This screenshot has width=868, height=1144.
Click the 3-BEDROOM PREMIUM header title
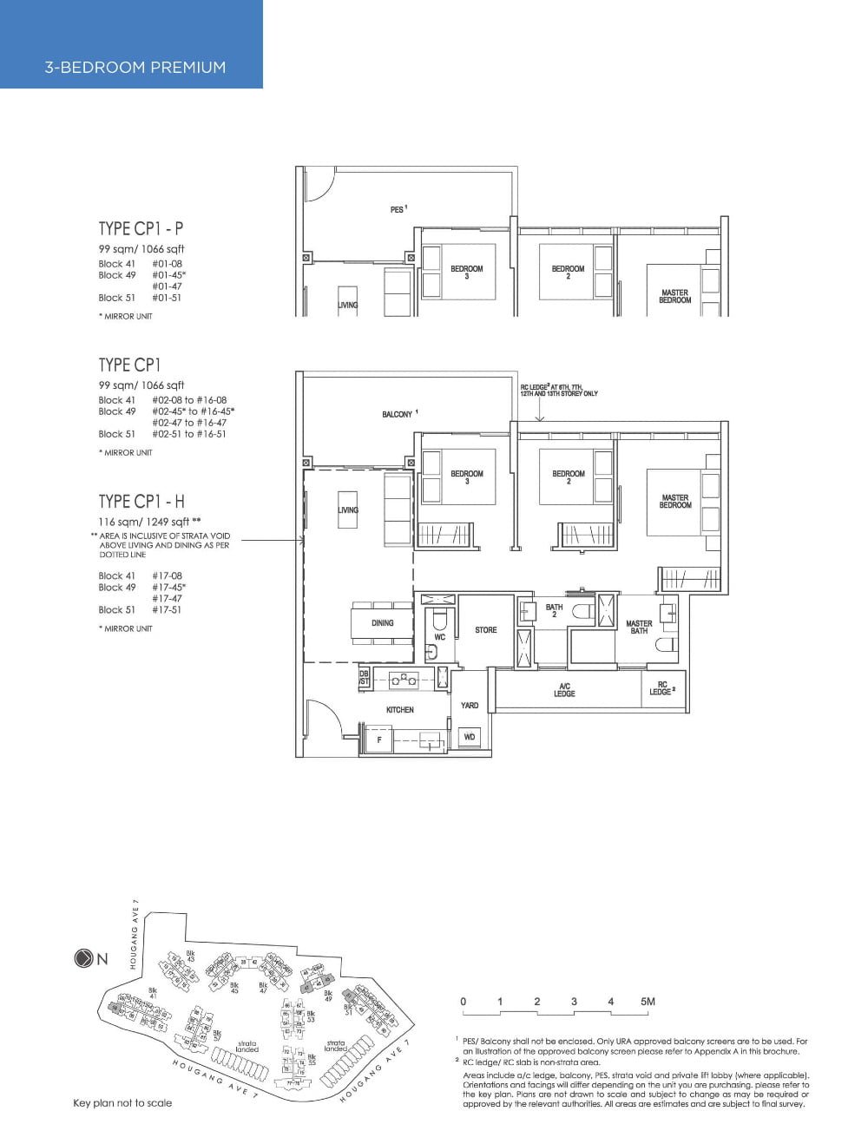(135, 67)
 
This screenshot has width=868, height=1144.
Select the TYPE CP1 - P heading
(141, 229)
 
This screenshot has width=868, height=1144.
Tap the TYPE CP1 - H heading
(141, 501)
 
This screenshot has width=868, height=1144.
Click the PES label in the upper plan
(397, 210)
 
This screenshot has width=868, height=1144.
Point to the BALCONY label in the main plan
(398, 415)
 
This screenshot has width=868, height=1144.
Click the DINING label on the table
(382, 623)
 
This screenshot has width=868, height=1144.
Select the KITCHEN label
(400, 710)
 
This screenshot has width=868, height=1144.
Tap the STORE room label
(486, 630)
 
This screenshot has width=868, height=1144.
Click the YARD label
(470, 706)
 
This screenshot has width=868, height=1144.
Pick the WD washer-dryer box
(470, 737)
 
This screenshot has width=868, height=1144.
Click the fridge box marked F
(378, 740)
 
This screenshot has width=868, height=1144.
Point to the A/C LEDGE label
(564, 690)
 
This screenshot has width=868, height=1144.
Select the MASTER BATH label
(639, 627)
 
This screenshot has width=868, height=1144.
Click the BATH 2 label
(554, 611)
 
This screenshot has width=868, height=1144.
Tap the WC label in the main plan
(439, 637)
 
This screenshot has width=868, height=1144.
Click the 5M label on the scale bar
(648, 1002)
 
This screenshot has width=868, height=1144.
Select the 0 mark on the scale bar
(464, 1002)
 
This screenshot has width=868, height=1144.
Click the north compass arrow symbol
(83, 959)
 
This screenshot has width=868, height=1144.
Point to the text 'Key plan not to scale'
(122, 1103)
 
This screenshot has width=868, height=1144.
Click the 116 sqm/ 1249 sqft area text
(144, 522)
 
